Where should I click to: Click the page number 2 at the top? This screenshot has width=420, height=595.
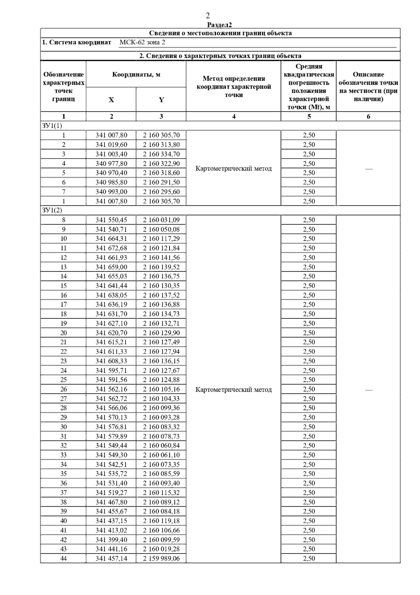pos(208,16)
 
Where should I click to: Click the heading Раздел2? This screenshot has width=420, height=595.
pos(219,25)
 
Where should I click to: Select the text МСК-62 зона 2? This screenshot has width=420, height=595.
pos(142,42)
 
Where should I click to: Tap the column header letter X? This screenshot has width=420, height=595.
pos(111,100)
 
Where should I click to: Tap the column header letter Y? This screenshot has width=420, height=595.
pos(161,100)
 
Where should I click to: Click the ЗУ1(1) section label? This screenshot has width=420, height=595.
pos(52,126)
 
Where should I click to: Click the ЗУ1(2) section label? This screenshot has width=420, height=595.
pos(52,210)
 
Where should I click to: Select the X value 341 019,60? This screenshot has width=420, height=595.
pos(111,145)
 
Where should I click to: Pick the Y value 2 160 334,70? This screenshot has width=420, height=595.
pos(161,154)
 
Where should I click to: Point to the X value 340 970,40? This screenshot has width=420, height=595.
pos(111,173)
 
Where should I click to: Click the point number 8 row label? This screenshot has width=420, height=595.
pos(63,220)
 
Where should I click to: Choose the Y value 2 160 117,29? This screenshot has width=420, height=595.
pos(161,239)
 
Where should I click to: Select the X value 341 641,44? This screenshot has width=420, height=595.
pos(111,286)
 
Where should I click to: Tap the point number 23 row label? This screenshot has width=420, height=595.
pos(63,361)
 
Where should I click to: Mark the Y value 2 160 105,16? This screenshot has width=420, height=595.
pos(161,389)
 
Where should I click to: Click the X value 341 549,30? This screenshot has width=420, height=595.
pos(111,455)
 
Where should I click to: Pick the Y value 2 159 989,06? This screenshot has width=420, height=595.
pos(161,559)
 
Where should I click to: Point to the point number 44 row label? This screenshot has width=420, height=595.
pos(63,559)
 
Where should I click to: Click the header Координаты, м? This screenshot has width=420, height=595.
pos(136,75)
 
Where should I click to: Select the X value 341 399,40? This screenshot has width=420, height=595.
pos(111,540)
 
